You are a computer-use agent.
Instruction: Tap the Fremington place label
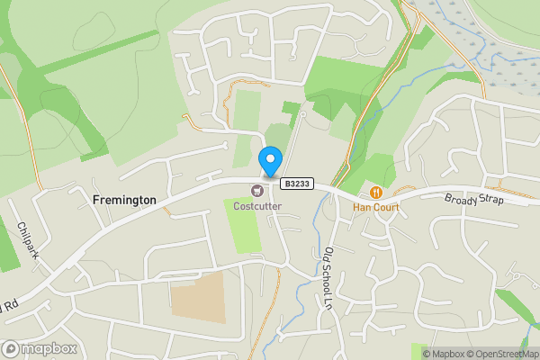tap(124, 200)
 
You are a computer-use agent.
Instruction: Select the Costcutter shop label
tap(257, 206)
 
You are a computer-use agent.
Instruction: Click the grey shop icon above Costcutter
tap(257, 190)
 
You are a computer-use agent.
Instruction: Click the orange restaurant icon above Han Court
tap(376, 191)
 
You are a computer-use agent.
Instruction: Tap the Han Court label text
tap(376, 207)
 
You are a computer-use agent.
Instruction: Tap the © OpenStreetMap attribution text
tap(499, 354)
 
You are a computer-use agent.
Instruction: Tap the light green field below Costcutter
tap(243, 226)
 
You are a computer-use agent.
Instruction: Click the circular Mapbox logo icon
tap(11, 348)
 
